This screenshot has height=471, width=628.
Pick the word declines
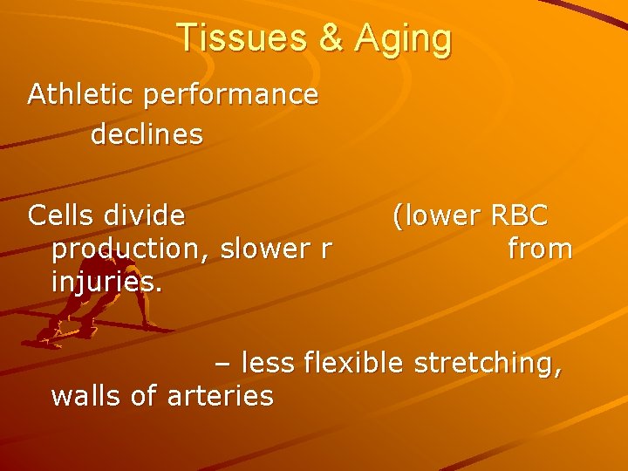[x=147, y=134]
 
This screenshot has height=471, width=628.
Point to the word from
[x=540, y=249]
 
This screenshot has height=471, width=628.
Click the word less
[x=270, y=361]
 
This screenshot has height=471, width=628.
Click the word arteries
[x=219, y=396]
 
